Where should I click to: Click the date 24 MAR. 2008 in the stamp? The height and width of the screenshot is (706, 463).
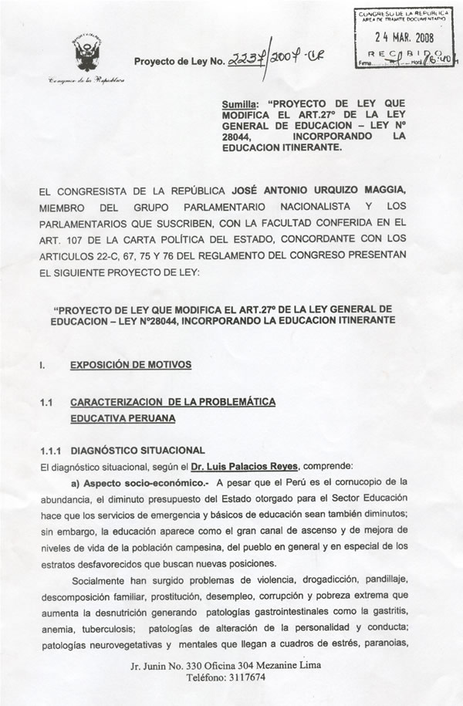(404, 35)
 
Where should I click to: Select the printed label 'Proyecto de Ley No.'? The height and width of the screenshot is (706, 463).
(179, 62)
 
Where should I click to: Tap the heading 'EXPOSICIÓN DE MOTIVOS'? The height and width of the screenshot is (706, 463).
(130, 365)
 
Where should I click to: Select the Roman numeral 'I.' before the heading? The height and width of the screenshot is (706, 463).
(42, 366)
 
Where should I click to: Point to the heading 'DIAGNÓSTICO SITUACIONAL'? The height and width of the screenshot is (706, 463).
(137, 451)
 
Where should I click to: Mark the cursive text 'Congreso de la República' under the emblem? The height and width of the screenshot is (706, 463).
(86, 80)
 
